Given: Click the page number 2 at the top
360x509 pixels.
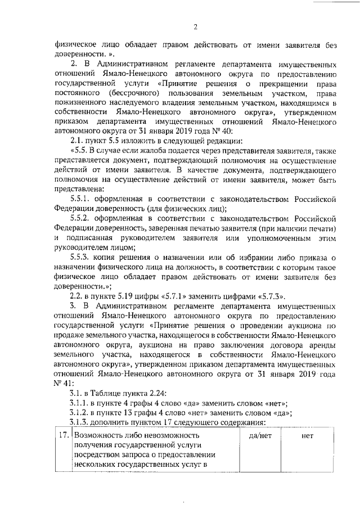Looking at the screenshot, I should [x=195, y=26].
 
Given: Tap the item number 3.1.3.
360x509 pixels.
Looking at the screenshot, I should [x=82, y=423].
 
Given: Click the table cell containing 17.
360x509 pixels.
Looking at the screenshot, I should [x=64, y=436].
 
